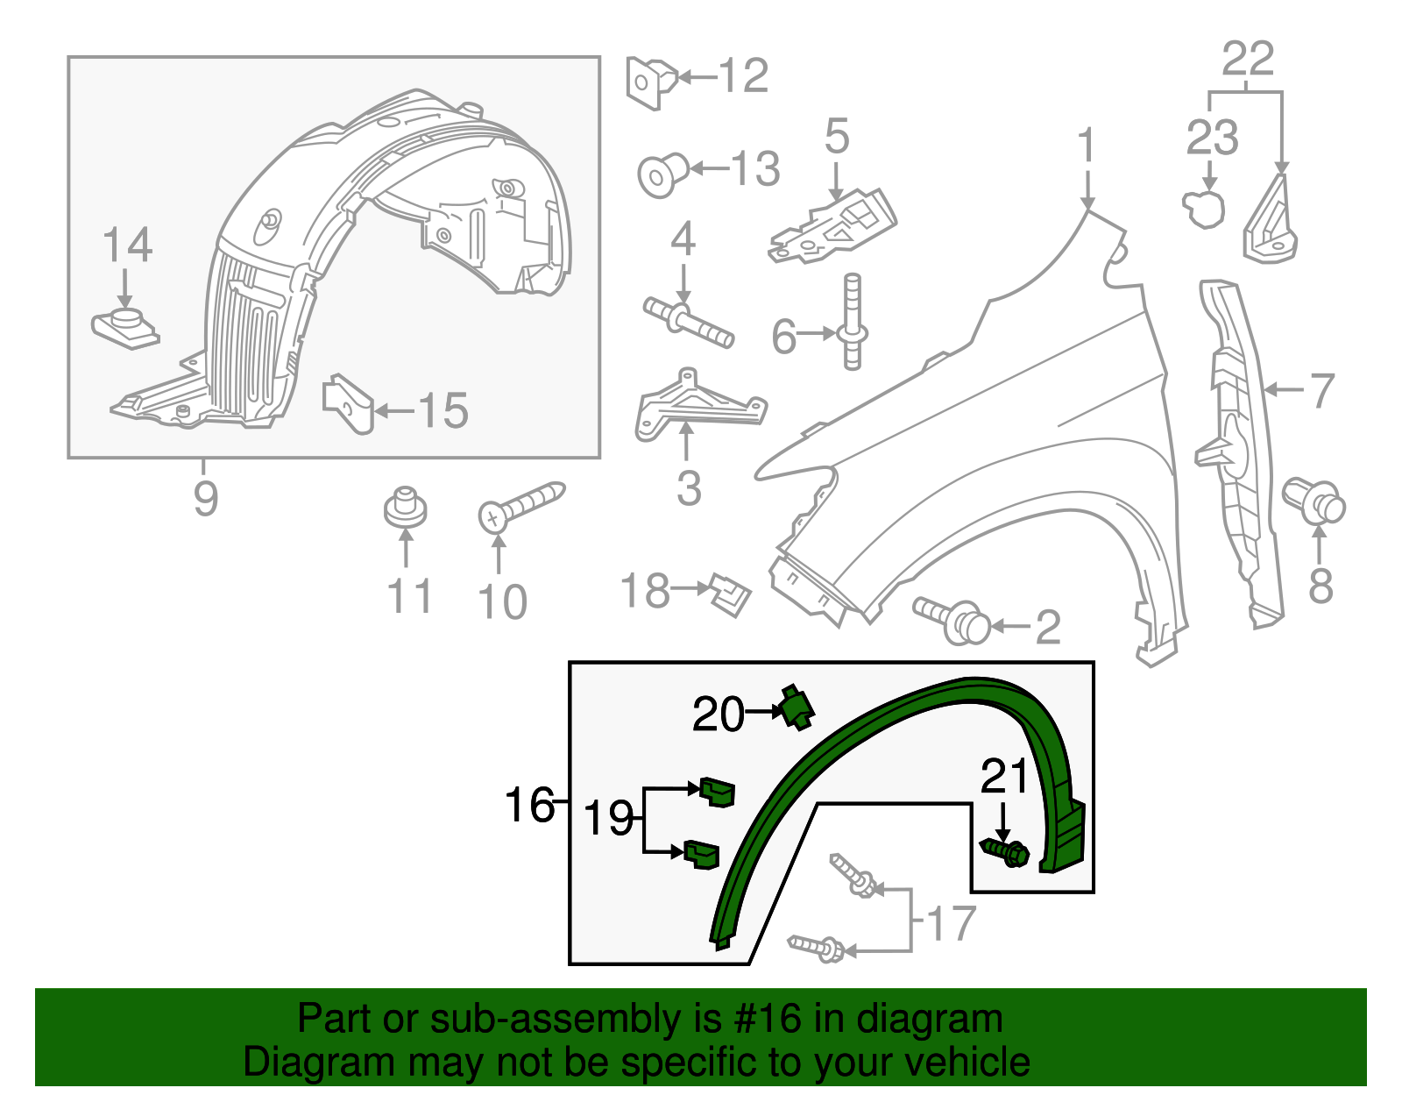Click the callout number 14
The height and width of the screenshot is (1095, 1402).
pos(128,245)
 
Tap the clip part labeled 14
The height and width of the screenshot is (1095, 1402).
pos(125,327)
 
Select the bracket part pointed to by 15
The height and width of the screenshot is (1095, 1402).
pos(349,404)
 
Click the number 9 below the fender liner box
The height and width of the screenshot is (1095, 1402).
pos(205,498)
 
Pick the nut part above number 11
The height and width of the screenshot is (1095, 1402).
pos(405,508)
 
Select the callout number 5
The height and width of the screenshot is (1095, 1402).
pos(837,137)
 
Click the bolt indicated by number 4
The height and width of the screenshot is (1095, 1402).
pos(688,323)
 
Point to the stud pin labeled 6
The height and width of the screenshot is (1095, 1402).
pos(853,323)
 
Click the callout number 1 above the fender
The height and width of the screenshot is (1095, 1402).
pos(1087,146)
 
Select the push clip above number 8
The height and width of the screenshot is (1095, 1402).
pos(1314,501)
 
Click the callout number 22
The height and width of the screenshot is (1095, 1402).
pos(1247,60)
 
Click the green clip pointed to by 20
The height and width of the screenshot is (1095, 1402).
pos(797,707)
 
